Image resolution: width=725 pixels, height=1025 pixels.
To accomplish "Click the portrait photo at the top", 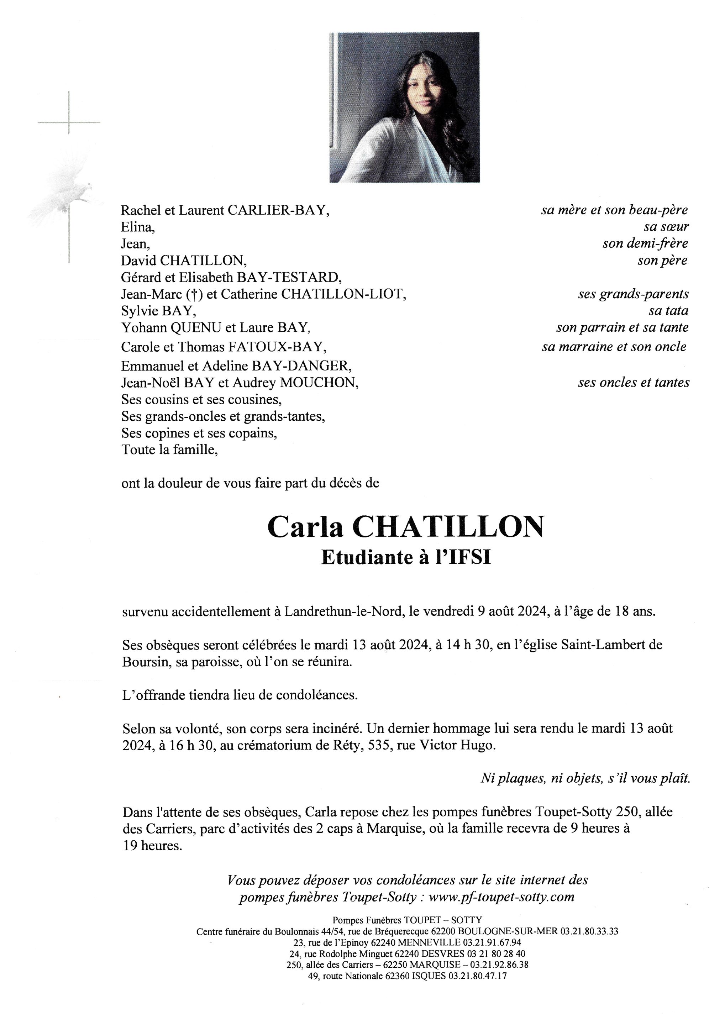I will click(x=404, y=107).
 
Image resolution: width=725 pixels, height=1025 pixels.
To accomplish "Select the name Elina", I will click(x=137, y=227).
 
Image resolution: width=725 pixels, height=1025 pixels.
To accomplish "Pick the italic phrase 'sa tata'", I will click(x=668, y=311).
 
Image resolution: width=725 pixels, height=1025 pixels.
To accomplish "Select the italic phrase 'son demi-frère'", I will click(x=645, y=243).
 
